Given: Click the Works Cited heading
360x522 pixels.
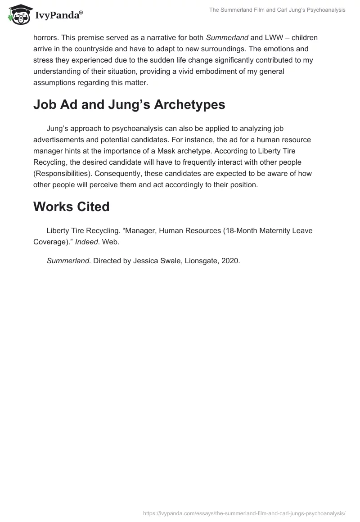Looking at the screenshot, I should (x=71, y=207).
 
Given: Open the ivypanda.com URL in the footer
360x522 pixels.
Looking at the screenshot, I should (x=244, y=513).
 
